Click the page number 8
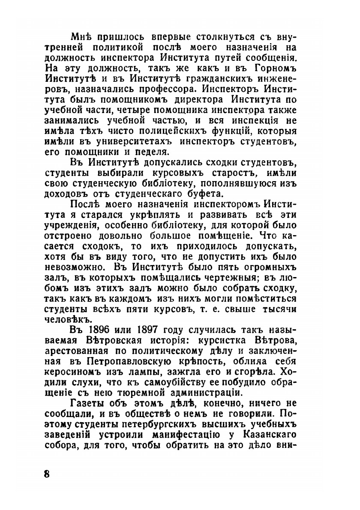point(47,475)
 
